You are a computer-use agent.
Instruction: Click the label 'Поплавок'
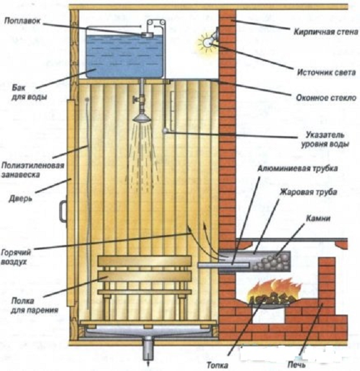(x=22, y=21)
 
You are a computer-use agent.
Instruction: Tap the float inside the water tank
(x=147, y=35)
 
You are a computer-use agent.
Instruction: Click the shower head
(x=142, y=118)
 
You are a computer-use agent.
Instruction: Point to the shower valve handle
(x=136, y=100)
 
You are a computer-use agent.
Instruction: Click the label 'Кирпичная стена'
(x=326, y=32)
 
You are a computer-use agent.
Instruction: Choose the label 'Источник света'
(x=327, y=72)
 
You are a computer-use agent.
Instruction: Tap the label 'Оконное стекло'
(x=326, y=98)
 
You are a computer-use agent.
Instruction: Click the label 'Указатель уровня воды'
(x=325, y=140)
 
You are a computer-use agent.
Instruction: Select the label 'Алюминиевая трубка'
(x=298, y=168)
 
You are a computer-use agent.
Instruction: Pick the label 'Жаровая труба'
(x=308, y=192)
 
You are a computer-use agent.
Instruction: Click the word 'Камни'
(x=318, y=218)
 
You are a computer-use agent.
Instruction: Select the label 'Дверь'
(x=20, y=198)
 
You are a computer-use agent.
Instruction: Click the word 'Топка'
(x=217, y=365)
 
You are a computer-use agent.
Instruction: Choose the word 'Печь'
(x=296, y=365)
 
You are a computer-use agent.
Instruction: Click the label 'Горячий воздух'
(x=16, y=257)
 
